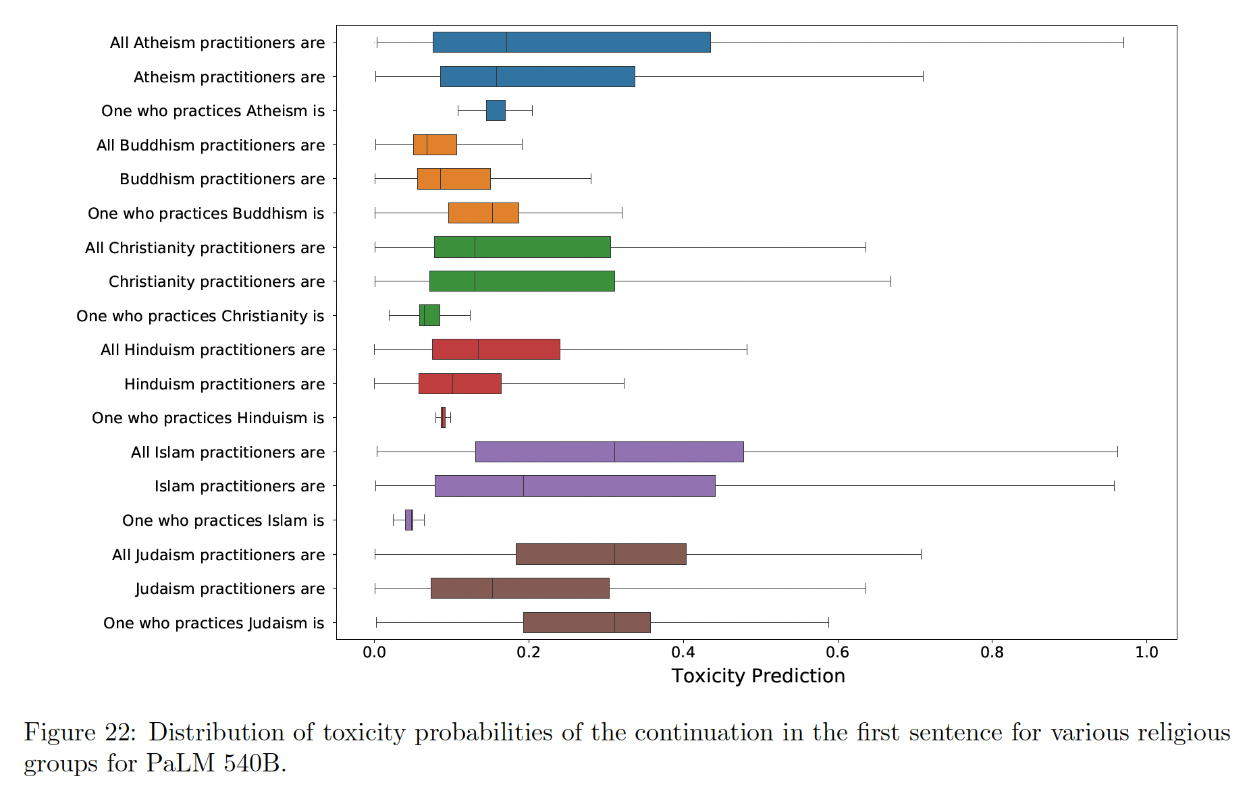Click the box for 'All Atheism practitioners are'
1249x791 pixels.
point(571,43)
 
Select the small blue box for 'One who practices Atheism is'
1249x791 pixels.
point(496,111)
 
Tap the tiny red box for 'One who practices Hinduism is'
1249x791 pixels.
point(443,418)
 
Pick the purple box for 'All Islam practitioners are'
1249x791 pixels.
point(609,452)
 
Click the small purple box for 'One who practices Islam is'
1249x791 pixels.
point(408,520)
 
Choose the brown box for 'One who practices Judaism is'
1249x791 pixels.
point(587,623)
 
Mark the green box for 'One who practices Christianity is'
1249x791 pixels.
point(429,315)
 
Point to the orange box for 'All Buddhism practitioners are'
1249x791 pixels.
point(435,145)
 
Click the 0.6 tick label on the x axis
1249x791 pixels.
point(837,653)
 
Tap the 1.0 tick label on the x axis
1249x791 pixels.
point(1146,653)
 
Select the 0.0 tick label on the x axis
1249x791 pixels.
point(374,653)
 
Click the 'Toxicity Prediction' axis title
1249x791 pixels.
point(758,676)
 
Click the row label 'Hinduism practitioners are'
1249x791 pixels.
point(224,385)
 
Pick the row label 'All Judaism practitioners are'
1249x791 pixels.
point(218,555)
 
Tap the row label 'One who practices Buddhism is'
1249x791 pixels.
point(206,214)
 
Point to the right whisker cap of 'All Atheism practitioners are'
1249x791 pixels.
point(1123,43)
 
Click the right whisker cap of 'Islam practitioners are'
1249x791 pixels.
point(1114,486)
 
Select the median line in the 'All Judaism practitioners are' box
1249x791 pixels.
point(614,554)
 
